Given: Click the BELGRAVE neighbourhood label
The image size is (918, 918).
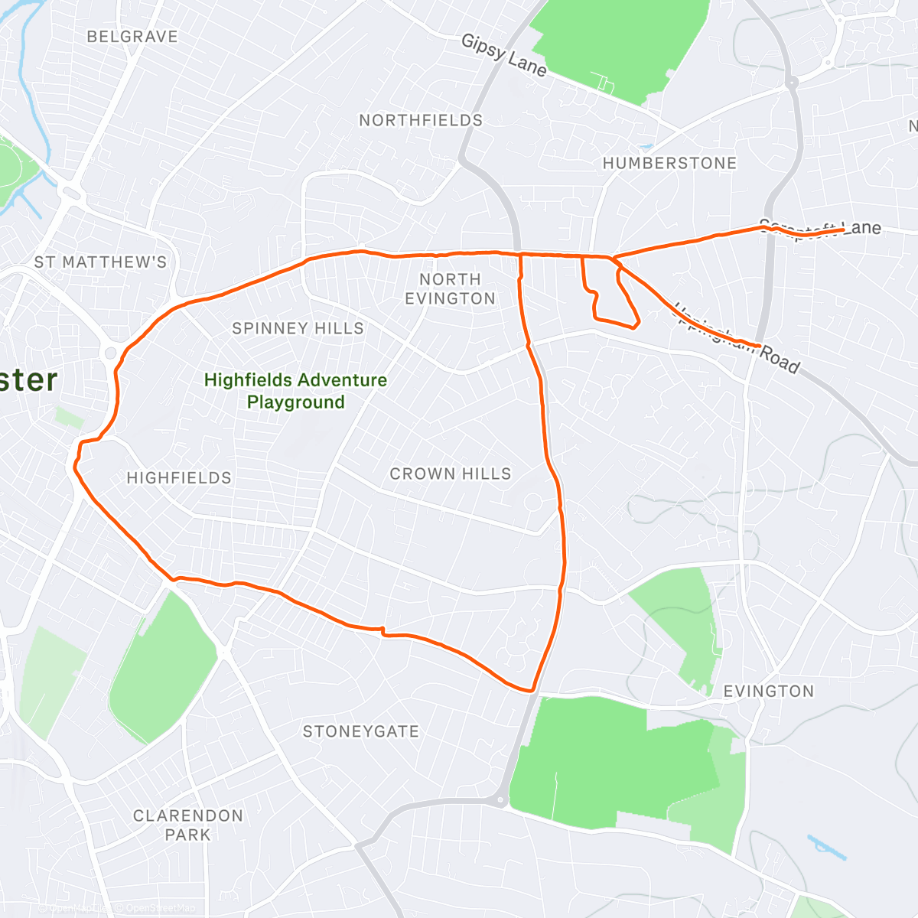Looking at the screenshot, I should click(x=132, y=37).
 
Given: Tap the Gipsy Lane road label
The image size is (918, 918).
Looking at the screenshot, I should click(x=504, y=55).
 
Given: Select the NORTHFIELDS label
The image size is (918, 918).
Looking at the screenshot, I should click(x=421, y=120).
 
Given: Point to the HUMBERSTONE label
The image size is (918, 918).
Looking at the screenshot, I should click(x=669, y=163).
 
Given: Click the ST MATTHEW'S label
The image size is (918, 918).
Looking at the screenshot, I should click(x=100, y=262).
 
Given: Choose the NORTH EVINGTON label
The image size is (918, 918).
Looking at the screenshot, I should click(x=450, y=289).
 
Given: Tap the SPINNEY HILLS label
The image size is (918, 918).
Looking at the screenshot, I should click(x=298, y=328).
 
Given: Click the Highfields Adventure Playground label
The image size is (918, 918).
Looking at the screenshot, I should click(x=295, y=391).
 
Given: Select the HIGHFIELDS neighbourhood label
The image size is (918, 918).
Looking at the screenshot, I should click(x=179, y=478).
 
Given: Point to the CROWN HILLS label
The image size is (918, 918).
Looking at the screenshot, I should click(x=451, y=474).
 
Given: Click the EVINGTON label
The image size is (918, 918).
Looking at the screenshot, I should click(x=768, y=692).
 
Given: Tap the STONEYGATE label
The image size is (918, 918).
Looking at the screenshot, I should click(x=361, y=732).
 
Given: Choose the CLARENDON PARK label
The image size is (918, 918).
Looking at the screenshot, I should click(x=187, y=825).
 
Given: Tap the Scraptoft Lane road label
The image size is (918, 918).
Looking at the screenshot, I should click(x=820, y=229).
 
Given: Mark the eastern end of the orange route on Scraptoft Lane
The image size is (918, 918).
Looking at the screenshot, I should click(x=843, y=229).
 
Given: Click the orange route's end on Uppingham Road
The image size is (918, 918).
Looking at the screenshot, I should click(x=759, y=347).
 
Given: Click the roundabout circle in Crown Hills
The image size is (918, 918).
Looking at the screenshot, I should click(x=532, y=503).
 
